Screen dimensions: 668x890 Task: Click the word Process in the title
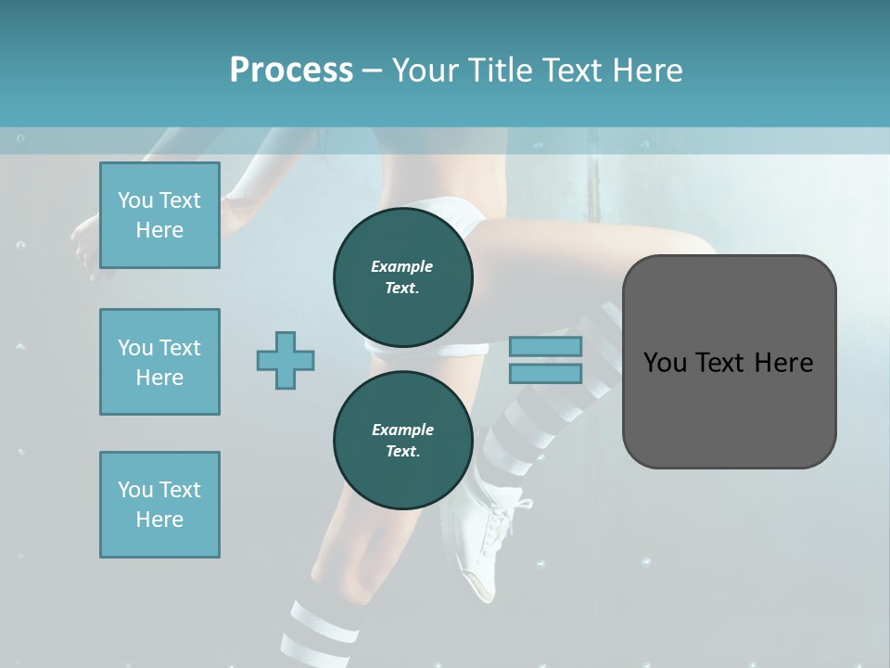click(x=291, y=71)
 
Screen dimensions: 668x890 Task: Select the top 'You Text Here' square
click(x=159, y=215)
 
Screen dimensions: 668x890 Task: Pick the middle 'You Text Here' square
click(x=159, y=362)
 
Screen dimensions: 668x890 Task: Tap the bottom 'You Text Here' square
click(x=159, y=505)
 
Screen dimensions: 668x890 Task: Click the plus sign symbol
click(x=286, y=361)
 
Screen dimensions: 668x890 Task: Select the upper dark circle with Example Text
click(x=402, y=276)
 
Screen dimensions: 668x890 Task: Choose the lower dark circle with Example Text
click(x=402, y=440)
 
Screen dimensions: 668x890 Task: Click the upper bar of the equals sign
click(x=545, y=347)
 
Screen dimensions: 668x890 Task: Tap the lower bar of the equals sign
click(x=545, y=373)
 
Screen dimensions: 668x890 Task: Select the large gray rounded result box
click(x=729, y=361)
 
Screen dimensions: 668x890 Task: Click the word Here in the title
click(x=646, y=71)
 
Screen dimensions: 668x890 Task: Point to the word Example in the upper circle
click(x=402, y=266)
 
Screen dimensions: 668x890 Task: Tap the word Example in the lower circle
click(x=402, y=430)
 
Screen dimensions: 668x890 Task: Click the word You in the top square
click(x=135, y=200)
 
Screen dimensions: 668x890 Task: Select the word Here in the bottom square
click(x=159, y=520)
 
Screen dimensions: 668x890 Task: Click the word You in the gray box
click(x=665, y=362)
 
